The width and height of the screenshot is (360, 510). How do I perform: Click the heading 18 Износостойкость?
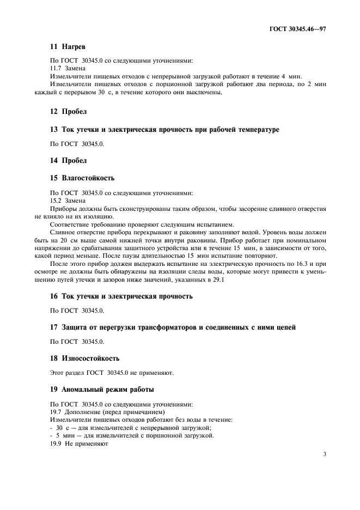tap(85, 359)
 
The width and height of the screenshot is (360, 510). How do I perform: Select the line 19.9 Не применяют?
tap(80, 444)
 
